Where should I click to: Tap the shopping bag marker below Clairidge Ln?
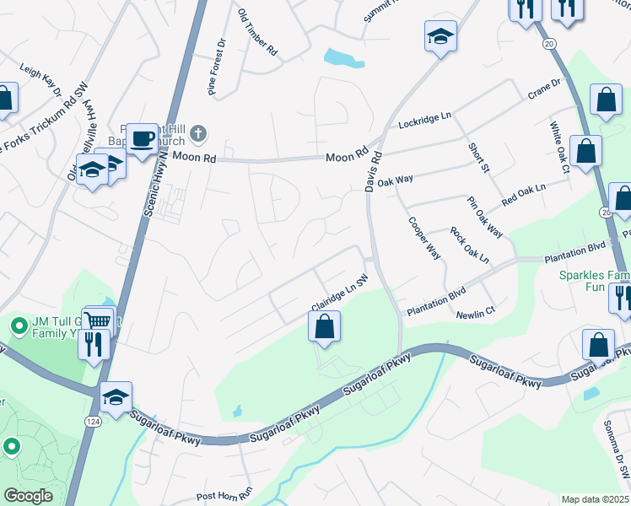324,326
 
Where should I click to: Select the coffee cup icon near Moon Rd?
142,137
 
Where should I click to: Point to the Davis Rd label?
373,171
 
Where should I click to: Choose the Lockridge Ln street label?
425,121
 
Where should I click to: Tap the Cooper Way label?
424,238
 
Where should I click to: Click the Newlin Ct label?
476,314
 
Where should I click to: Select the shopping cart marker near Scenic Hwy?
100,321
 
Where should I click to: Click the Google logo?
28,496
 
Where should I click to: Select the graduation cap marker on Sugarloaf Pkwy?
116,396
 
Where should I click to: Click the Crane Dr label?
544,88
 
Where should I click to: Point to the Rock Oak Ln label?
469,245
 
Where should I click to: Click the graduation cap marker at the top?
439,37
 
